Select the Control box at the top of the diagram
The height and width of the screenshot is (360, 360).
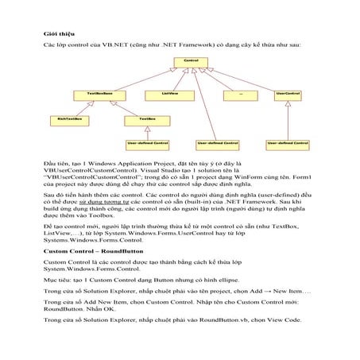coord(190,60)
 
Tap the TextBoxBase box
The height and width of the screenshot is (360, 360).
coord(99,93)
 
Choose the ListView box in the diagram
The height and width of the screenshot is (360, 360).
coord(169,93)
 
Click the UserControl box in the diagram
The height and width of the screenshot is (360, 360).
coord(286,93)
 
